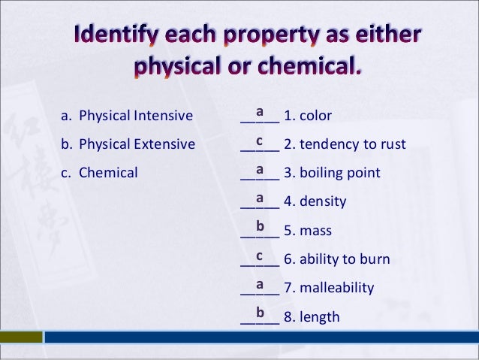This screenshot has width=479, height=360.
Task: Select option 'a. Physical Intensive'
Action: (127, 116)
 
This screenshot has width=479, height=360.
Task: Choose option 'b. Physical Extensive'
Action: (128, 144)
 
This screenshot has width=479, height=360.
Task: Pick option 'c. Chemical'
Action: (99, 172)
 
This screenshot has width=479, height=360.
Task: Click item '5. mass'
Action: (307, 231)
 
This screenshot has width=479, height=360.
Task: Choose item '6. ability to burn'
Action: (336, 260)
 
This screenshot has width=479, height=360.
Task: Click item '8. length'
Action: (312, 317)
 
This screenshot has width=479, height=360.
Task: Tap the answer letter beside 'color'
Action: (259, 111)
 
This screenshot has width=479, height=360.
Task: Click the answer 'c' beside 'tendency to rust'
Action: (259, 140)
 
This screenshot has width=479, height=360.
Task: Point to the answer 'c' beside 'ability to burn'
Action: (259, 256)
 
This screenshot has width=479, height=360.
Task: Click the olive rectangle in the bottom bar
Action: (21, 337)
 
